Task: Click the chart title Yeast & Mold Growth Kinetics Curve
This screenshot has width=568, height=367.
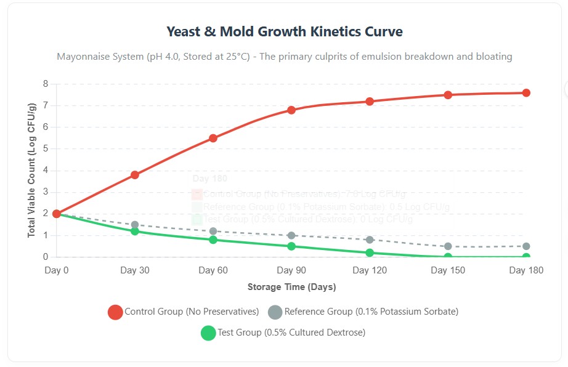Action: (x=284, y=31)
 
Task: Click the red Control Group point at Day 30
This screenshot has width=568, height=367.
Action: (x=135, y=175)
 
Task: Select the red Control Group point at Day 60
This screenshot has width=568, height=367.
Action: (x=213, y=138)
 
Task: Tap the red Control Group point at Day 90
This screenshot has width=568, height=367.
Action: (x=291, y=110)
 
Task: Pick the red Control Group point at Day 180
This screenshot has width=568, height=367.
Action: (x=526, y=93)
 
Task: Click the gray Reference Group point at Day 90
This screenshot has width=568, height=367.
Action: (x=291, y=235)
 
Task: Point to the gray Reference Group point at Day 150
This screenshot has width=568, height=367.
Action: (x=448, y=246)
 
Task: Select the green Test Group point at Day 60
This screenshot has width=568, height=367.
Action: (x=213, y=240)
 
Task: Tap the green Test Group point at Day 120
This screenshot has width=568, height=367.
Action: (x=370, y=252)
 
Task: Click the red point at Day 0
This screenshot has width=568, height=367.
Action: (x=57, y=214)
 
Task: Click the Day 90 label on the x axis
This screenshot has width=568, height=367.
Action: (x=291, y=270)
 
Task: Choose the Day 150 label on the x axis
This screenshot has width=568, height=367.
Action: (x=448, y=270)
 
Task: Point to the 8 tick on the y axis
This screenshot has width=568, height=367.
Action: (x=46, y=84)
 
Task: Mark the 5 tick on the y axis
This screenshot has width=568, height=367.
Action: (x=46, y=149)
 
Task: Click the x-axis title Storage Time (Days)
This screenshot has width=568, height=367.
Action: (x=291, y=287)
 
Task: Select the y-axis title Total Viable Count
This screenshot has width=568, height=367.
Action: (x=31, y=171)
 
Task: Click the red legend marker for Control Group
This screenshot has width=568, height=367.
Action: (x=115, y=312)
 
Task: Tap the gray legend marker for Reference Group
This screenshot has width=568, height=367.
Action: (x=275, y=312)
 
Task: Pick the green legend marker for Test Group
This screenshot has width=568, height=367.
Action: (x=209, y=333)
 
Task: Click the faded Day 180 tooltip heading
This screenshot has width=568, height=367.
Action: (x=210, y=179)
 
